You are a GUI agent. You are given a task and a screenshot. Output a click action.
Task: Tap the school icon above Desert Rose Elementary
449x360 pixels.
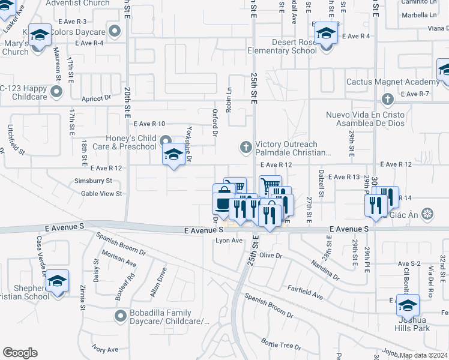point(326,35)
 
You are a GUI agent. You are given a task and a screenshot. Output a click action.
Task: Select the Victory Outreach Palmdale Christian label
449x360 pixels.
point(293,148)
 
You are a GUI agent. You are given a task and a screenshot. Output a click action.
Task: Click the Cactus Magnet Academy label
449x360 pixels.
point(393,82)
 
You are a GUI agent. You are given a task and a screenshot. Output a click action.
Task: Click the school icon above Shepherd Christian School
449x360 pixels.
point(57,282)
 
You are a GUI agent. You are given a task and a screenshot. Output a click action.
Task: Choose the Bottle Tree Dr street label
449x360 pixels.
point(281,343)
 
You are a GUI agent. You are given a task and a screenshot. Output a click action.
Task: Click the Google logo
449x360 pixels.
point(20,352)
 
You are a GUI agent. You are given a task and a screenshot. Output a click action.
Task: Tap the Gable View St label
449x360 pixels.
point(101,194)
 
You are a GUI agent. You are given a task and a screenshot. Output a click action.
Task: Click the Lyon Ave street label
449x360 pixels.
point(229,241)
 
